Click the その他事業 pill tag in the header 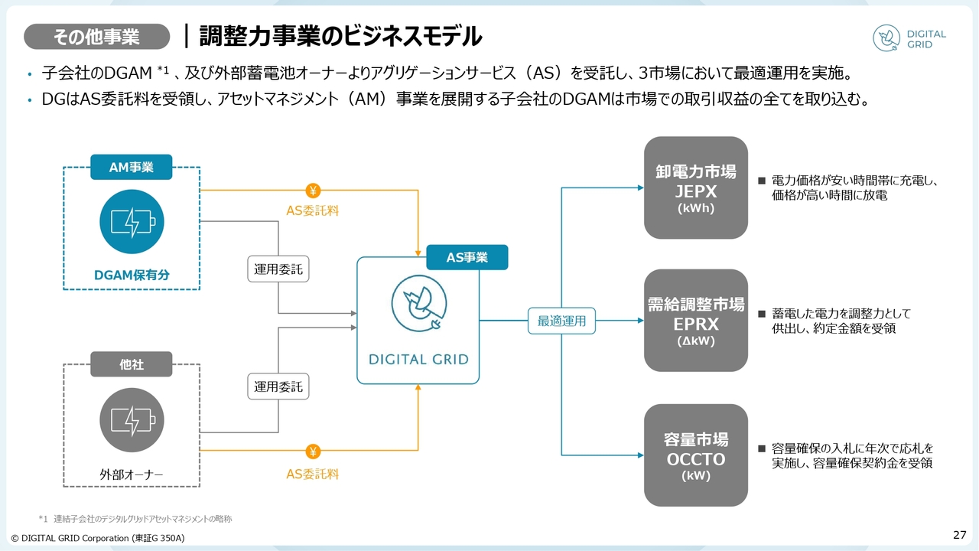tap(96, 36)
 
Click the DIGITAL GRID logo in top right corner tap(909, 39)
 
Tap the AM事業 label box tap(132, 168)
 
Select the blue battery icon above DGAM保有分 tap(132, 223)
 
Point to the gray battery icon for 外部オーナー tap(132, 420)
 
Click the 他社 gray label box tap(132, 364)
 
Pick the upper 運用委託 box tap(278, 269)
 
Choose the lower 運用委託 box tap(278, 386)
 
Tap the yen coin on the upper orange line tap(313, 190)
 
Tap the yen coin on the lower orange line tap(313, 452)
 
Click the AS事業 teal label tap(467, 257)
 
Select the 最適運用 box tap(561, 321)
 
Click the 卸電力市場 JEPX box tap(695, 187)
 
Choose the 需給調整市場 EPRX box tap(695, 321)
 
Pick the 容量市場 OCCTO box tap(695, 455)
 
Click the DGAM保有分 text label tap(132, 275)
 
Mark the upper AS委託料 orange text tap(312, 210)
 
